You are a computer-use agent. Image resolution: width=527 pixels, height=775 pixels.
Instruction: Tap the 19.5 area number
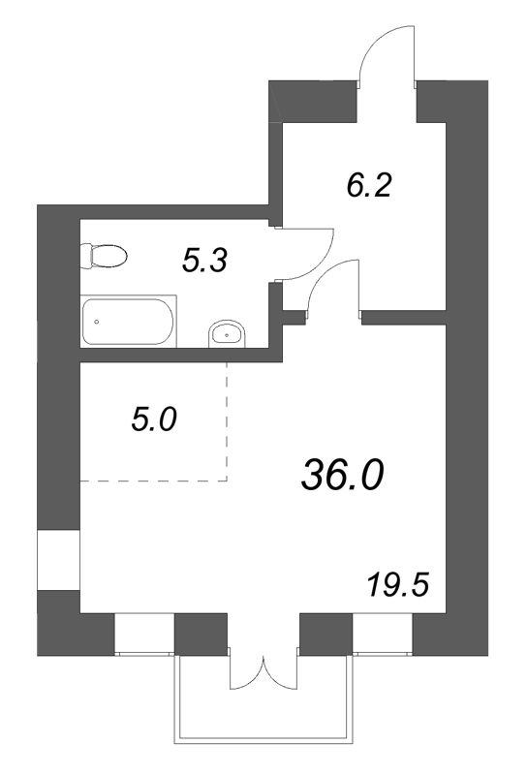[397, 585]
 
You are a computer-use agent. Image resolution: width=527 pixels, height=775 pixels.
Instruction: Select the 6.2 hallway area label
[369, 186]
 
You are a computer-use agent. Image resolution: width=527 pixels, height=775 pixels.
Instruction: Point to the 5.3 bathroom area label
[204, 261]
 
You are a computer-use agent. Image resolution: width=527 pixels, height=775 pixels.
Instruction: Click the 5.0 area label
[154, 420]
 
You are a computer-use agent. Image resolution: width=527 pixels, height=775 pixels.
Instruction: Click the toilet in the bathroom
[104, 256]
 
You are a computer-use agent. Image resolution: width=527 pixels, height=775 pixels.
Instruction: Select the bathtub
[129, 322]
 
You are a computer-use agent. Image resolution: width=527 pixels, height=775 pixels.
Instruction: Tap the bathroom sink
[227, 333]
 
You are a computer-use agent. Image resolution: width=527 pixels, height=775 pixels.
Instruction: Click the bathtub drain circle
[97, 322]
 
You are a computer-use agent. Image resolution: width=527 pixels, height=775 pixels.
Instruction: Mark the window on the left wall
[59, 560]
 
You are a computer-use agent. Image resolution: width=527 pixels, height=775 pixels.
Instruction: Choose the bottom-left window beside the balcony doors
[144, 635]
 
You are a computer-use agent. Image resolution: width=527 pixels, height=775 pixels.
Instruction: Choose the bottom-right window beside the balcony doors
[382, 635]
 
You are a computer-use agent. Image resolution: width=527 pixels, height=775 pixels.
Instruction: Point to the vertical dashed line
[227, 421]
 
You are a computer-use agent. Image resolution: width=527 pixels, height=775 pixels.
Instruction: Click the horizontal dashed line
[154, 480]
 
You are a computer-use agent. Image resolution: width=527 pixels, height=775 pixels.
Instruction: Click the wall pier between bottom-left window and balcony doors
[201, 635]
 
